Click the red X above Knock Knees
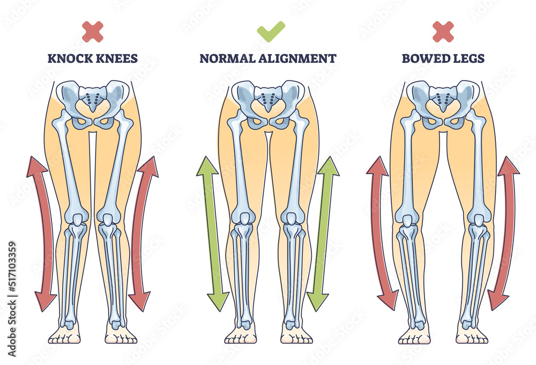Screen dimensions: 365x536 93,32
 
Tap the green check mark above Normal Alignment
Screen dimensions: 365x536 271,32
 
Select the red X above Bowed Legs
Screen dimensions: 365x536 443,32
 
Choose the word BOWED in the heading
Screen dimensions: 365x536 421,59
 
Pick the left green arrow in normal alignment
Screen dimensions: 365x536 212,234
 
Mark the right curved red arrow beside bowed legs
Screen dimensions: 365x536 504,234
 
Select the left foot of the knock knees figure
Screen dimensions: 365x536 64,336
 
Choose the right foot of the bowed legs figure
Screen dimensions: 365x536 472,336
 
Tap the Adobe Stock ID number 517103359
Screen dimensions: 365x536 12,276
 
